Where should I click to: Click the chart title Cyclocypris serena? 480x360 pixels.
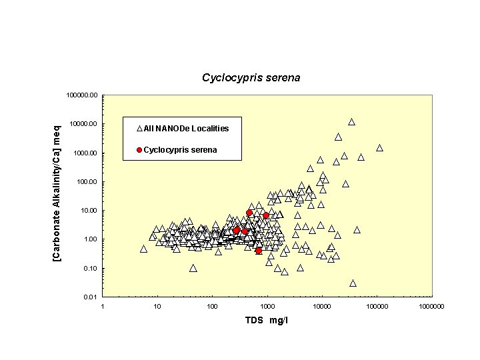tap(251, 77)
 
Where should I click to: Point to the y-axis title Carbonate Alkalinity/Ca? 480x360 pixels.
tap(58, 195)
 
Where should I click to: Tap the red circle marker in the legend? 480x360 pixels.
tap(139, 150)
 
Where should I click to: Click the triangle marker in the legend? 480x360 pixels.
tap(139, 128)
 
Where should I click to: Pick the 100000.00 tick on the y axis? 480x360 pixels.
tap(83, 95)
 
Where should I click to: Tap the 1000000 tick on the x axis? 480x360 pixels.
tap(431, 306)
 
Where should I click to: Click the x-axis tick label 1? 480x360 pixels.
tap(103, 306)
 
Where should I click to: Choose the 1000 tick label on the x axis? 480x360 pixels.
tap(267, 306)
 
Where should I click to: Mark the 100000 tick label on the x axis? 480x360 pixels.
tap(377, 306)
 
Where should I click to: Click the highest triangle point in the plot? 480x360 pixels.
tap(351, 122)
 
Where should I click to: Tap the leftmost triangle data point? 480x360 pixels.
tap(143, 249)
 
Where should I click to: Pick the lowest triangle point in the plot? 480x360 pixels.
tap(353, 283)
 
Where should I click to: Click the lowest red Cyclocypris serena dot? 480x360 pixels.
tap(258, 251)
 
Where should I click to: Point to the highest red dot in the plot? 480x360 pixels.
tap(249, 213)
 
